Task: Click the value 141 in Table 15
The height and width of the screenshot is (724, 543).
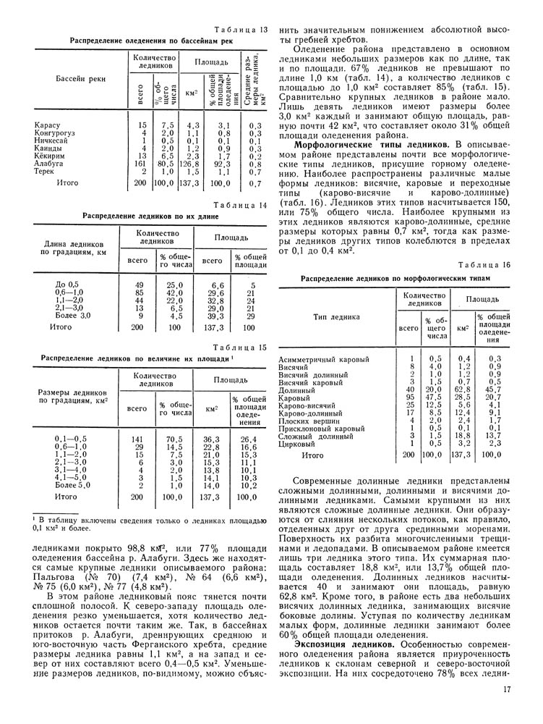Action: click(x=135, y=439)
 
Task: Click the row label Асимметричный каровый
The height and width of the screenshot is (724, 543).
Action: click(x=323, y=359)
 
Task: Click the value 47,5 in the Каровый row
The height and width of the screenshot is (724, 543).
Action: click(x=435, y=397)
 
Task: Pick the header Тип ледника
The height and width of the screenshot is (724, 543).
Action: click(x=336, y=316)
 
